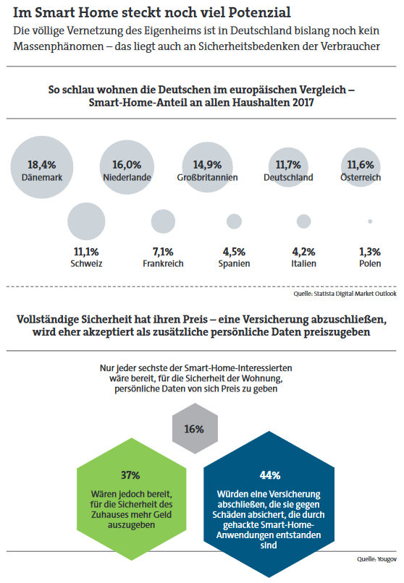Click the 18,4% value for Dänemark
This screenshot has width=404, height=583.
pos(42,165)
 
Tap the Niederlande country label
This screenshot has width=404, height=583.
pos(127,177)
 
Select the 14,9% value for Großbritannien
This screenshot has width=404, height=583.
pos(207,165)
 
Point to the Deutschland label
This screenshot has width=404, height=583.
pos(288,177)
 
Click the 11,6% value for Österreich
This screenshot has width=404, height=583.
pos(361,165)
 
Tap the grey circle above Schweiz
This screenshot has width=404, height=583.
pos(86,221)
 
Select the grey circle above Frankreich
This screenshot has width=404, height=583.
pos(163,221)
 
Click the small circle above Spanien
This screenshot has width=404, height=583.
pos(234,221)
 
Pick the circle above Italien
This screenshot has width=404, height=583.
pos(303,221)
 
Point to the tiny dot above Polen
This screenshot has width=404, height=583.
pos(370,221)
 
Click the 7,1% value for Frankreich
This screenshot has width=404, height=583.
pos(163,252)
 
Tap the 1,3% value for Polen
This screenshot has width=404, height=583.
pos(370,252)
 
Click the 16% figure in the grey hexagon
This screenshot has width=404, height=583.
pos(194,429)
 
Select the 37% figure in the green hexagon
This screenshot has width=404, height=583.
pos(130,475)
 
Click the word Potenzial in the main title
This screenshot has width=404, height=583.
pos(259,12)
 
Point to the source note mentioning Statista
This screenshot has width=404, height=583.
pos(345,294)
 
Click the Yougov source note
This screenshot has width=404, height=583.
pos(376,559)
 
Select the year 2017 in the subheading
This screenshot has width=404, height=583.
pos(303,102)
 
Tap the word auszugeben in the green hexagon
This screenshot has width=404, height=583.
pos(131,525)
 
